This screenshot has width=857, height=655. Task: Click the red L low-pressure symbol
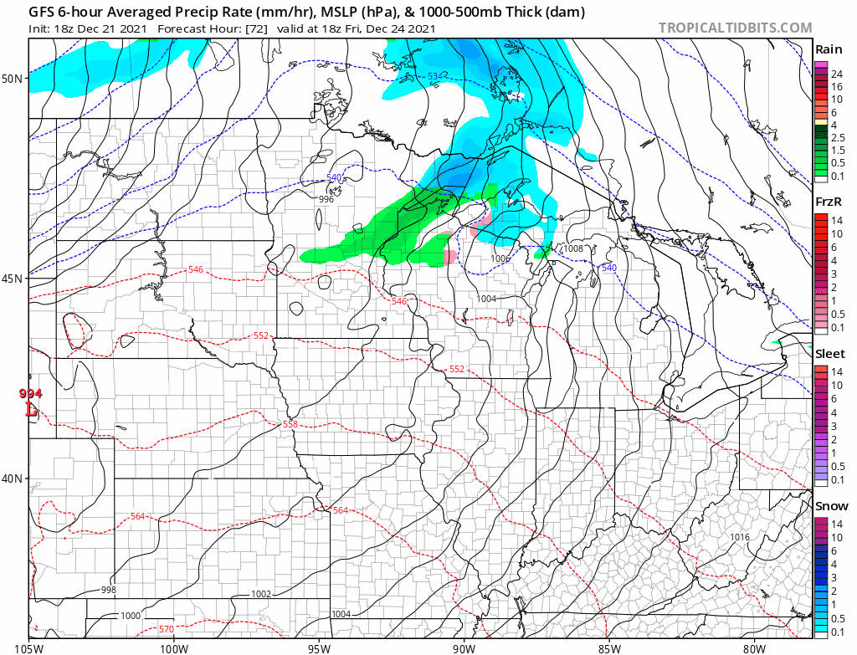(32, 410)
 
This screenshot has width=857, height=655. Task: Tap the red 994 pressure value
(30, 394)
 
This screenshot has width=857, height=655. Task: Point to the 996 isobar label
(326, 199)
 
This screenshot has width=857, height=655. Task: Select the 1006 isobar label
(500, 258)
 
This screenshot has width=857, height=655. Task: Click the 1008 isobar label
(573, 248)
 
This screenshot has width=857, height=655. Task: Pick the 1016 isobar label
(740, 537)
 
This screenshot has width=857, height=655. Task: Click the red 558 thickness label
(290, 425)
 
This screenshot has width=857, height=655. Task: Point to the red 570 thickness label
(166, 629)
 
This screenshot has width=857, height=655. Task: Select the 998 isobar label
(109, 590)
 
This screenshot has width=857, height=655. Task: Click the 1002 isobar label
(261, 594)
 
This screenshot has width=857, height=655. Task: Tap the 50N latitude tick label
(13, 79)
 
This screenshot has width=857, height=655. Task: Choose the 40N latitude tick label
(13, 478)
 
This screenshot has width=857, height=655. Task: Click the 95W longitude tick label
(319, 646)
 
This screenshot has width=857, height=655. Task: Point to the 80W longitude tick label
(754, 646)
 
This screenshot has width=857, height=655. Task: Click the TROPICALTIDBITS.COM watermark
(735, 28)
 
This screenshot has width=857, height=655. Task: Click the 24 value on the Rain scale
(834, 74)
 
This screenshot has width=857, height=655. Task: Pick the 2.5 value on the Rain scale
(837, 137)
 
